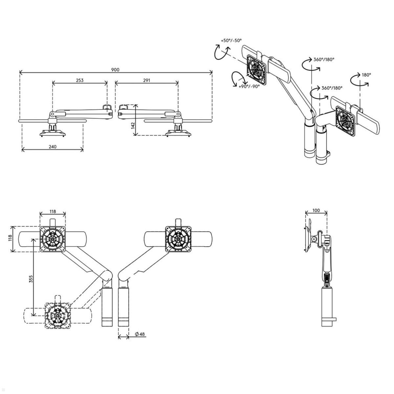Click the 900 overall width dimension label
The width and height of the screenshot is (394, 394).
115,70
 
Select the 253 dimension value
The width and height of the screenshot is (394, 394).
80,80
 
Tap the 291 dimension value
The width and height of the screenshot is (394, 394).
146,80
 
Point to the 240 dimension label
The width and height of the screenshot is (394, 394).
53,146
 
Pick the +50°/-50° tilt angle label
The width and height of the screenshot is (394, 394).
231,40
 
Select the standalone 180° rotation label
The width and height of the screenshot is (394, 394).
366,75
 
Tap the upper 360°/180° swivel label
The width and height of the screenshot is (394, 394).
324,59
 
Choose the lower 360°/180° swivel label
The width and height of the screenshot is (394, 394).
332,88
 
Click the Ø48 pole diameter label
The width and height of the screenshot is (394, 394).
140,334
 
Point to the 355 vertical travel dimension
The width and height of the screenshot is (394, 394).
31,279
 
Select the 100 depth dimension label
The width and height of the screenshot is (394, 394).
316,210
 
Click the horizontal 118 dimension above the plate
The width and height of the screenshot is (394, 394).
53,211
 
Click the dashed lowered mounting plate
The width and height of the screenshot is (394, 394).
57,315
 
